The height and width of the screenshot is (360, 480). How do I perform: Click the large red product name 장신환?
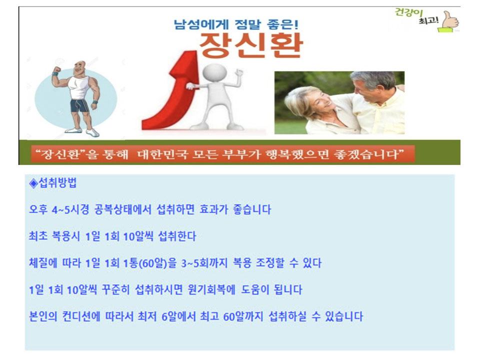251,45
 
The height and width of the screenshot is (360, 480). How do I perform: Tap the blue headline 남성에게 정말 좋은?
236,24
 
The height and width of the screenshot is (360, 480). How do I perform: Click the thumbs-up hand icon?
449,21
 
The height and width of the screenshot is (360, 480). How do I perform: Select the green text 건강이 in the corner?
408,12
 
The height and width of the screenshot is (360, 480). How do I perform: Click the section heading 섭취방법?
57,183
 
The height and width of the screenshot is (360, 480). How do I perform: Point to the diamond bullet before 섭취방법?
33,183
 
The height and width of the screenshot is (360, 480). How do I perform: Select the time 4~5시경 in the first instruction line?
70,209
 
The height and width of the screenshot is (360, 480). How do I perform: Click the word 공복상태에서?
123,209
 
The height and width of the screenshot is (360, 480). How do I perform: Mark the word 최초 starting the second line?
38,236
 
